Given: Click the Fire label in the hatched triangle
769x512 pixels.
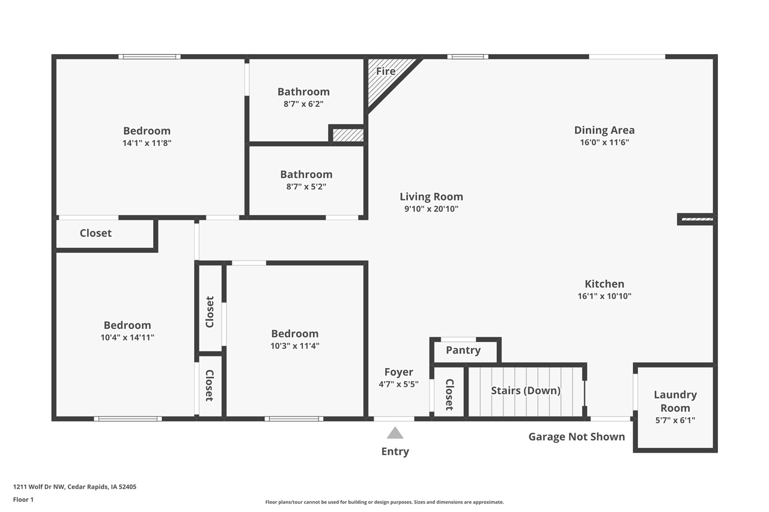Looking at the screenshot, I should click(x=385, y=71).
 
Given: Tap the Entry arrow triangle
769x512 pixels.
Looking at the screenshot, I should click(x=395, y=433).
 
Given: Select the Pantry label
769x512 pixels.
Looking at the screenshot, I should click(x=463, y=351).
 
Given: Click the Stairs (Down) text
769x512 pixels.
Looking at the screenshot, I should click(x=526, y=391).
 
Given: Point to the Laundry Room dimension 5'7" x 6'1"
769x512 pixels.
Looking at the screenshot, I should click(x=675, y=421).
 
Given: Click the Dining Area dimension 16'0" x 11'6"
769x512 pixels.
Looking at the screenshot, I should click(x=604, y=143).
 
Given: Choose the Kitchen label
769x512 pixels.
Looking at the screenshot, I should click(x=604, y=284).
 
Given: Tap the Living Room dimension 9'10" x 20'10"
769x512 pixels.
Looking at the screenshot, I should click(x=431, y=209).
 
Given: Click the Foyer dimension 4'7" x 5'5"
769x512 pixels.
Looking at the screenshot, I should click(x=399, y=385).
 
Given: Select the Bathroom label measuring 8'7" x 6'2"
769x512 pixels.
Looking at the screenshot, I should click(x=303, y=92).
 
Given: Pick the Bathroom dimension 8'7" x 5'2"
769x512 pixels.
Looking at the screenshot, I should click(x=306, y=187).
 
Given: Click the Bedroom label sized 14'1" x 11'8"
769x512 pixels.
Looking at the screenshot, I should click(x=147, y=131).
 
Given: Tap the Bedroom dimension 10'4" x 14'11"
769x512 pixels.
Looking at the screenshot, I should click(x=127, y=338).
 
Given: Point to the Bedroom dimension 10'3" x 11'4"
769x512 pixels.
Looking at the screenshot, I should click(x=294, y=346).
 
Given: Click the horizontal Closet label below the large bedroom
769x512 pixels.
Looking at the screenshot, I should click(x=96, y=233).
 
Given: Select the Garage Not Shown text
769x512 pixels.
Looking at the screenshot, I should click(x=576, y=437).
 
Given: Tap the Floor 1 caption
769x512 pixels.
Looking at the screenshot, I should click(x=23, y=499).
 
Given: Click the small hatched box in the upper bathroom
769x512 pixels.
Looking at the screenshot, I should click(x=348, y=135).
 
